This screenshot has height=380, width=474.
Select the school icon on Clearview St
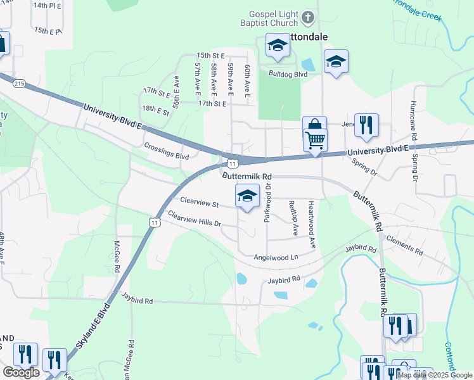pos(248,196)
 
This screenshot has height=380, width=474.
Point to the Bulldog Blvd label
pos(288,74)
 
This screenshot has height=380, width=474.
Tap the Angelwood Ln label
pos(276,258)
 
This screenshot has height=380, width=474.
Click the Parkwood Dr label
pos(268,202)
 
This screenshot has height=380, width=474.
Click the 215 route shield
pos(19,83)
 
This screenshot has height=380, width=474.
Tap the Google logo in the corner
pos(21,372)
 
